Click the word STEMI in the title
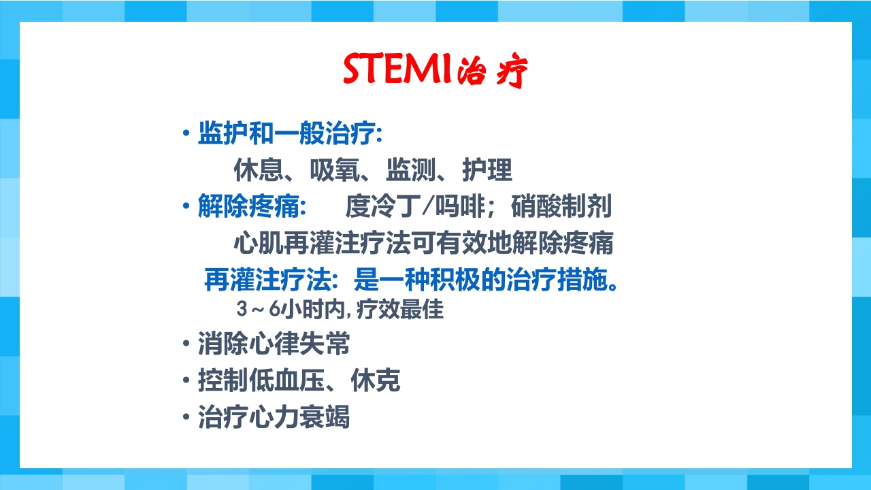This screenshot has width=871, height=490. point(397,69)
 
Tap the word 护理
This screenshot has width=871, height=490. point(487,170)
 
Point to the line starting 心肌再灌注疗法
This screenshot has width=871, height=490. point(423,243)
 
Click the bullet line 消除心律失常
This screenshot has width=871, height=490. point(274,344)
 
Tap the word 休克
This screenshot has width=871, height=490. point(376,381)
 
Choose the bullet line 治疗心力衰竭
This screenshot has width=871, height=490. point(274,417)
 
